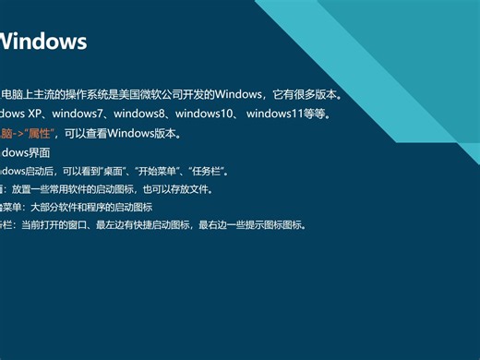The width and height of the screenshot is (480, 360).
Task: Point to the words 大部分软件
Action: pos(53,207)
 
